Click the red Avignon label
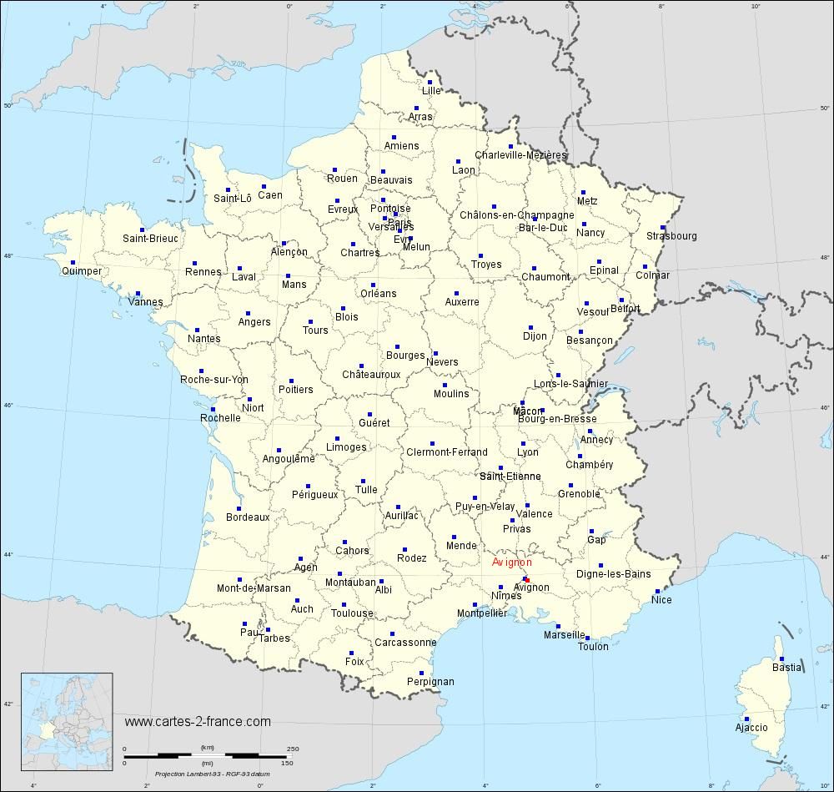coord(511,562)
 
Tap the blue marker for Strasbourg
coord(664,226)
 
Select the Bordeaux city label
coord(248,517)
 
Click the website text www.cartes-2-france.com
coord(198,721)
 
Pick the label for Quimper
coord(82,271)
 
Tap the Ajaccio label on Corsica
coord(751,728)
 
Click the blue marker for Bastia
coord(781,656)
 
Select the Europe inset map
coord(67,711)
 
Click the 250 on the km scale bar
coord(293,749)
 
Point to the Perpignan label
coord(430,681)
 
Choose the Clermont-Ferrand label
coord(446,452)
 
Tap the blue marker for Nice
coord(657,591)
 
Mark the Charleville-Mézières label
coord(520,155)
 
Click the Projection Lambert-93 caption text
coord(208,774)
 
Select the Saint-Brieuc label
coord(150,239)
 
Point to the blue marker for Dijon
coord(530,327)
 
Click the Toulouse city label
coord(352,613)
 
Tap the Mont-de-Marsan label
coord(254,588)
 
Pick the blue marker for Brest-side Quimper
coord(73,262)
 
